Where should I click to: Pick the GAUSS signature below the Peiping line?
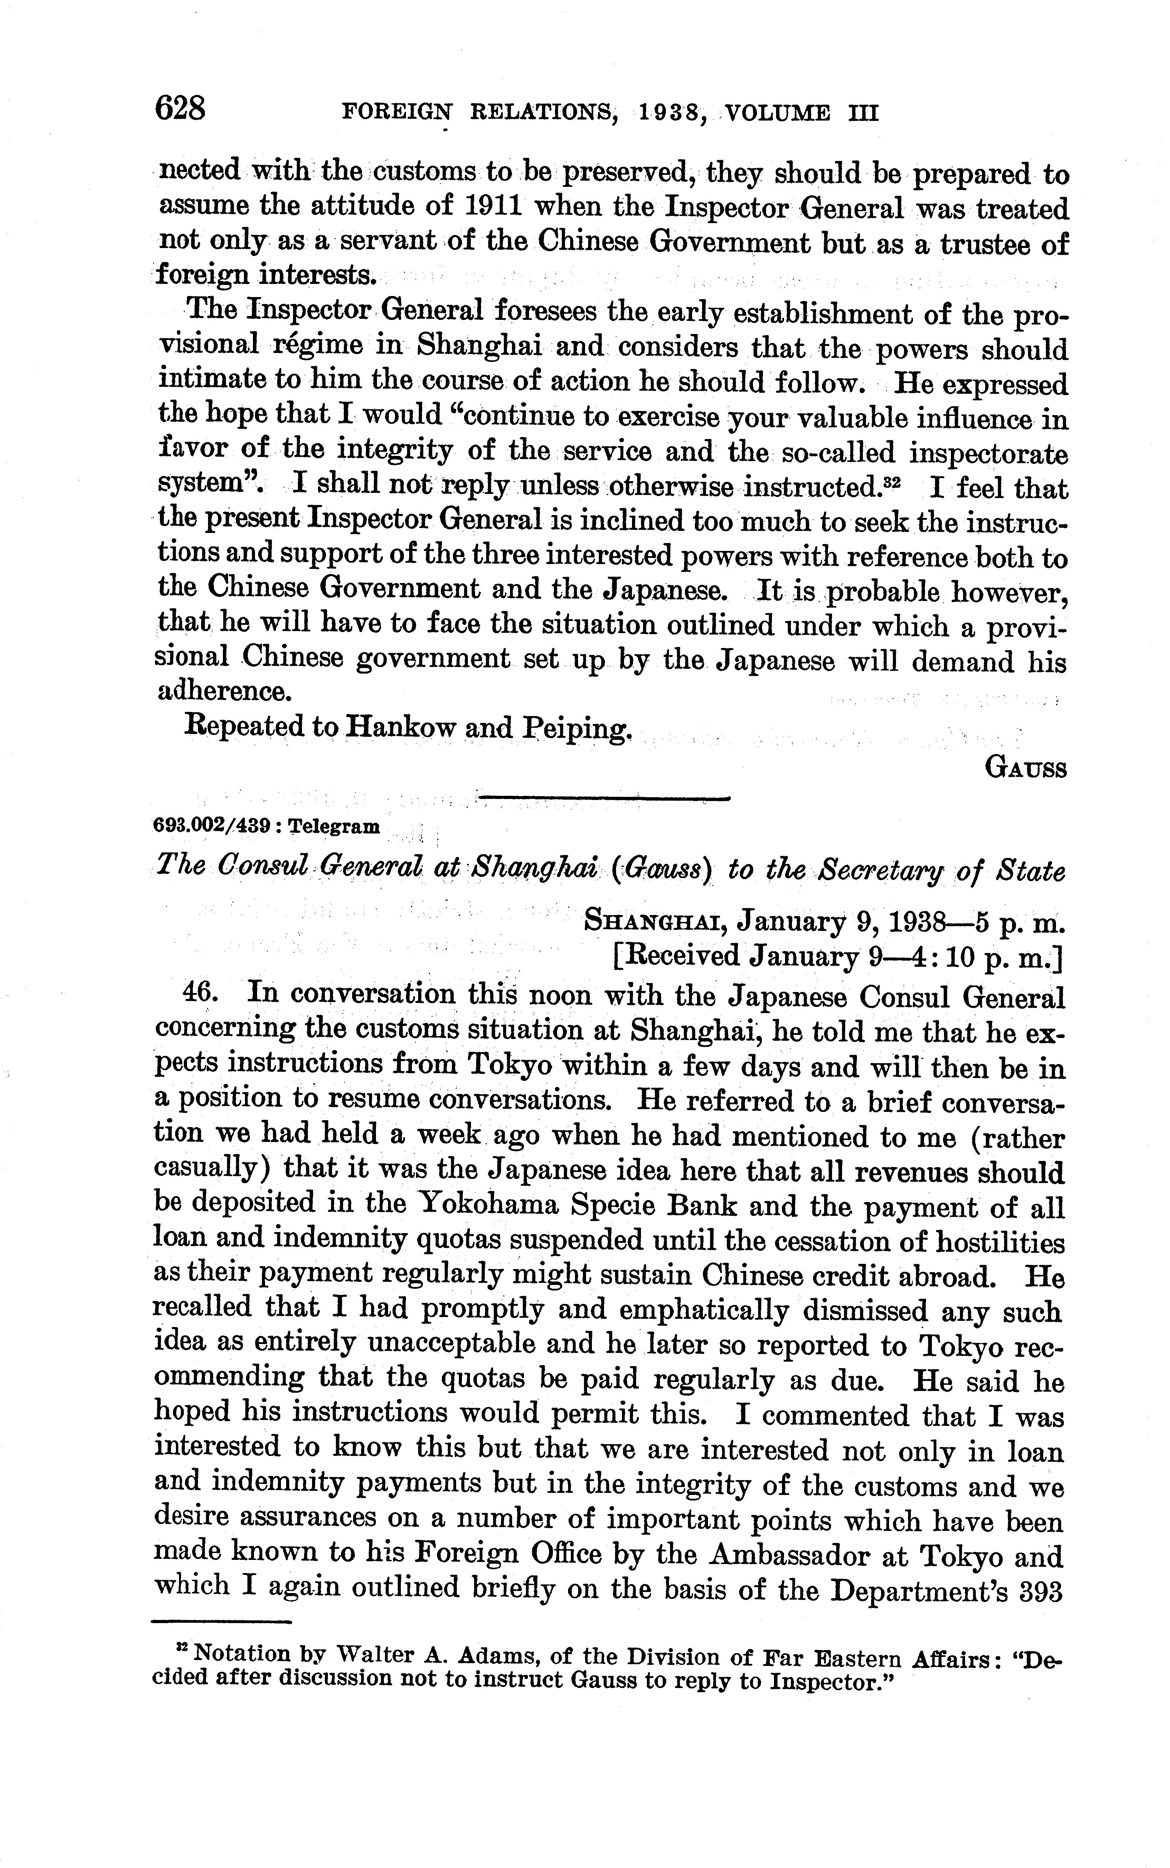tap(1026, 769)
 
